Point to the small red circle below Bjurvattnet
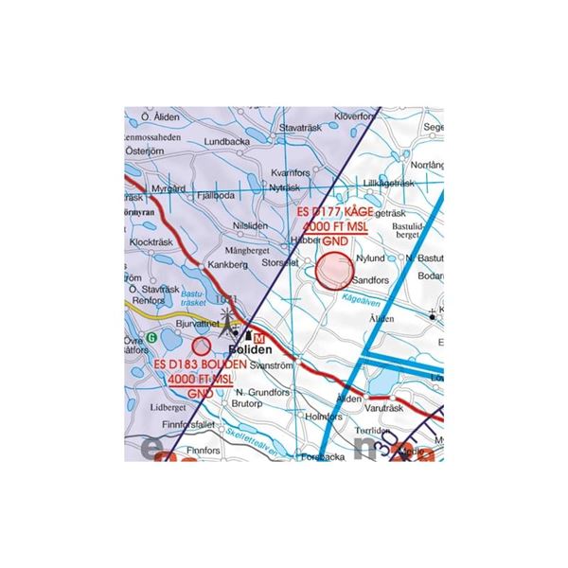[201, 346]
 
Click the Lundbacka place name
[224, 142]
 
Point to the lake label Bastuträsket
[196, 300]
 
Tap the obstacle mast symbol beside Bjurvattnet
[226, 319]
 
